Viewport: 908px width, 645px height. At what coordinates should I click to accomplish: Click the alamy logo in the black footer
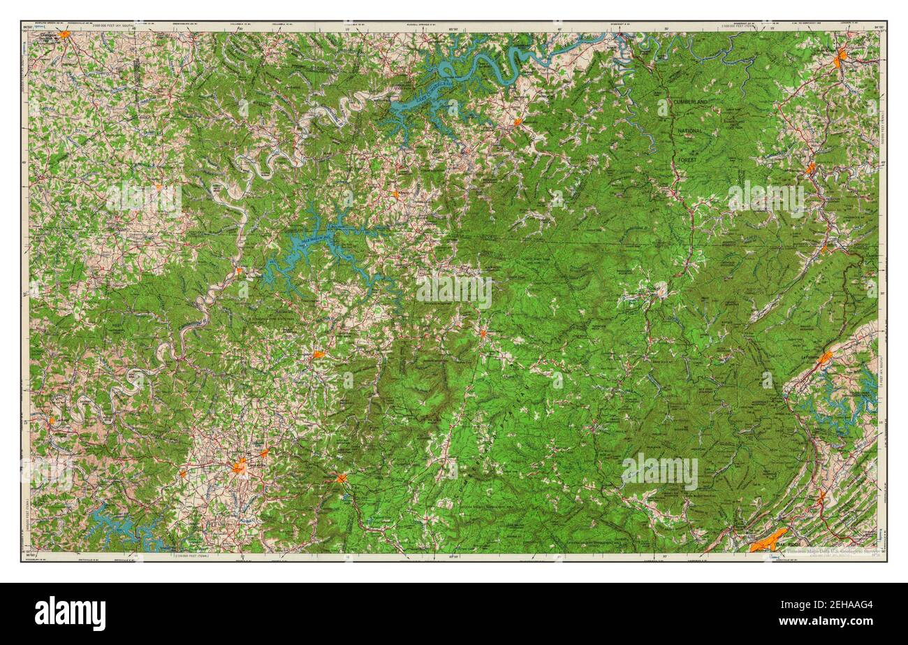70,614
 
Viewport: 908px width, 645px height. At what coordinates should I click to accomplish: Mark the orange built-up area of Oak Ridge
766,539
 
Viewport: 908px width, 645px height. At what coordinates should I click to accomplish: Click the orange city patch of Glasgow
64,34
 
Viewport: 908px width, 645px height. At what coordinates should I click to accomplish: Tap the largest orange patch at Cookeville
240,465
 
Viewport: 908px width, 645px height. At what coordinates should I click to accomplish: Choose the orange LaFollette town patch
825,358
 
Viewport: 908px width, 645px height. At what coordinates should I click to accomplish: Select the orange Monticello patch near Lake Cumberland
518,122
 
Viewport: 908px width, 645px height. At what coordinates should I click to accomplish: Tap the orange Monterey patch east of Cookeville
341,478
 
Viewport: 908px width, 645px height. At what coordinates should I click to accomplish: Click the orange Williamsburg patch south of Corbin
810,168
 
